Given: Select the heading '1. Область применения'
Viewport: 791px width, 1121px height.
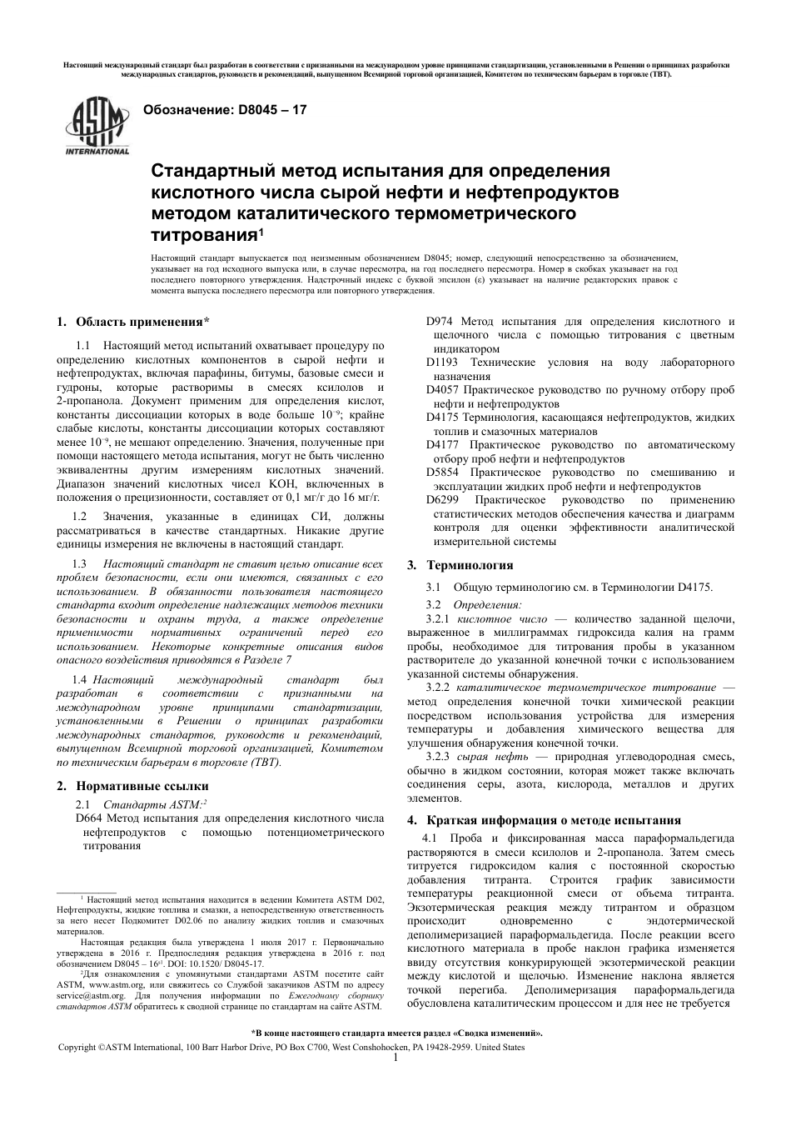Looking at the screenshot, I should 132,322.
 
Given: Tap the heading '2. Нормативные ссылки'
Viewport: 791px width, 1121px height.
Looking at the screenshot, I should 132,785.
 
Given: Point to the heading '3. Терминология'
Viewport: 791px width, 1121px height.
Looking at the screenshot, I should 460,565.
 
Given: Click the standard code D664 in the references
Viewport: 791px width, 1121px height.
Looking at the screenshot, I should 88,818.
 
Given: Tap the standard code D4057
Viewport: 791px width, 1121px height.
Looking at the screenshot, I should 443,389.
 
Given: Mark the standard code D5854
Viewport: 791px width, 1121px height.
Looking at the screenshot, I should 443,472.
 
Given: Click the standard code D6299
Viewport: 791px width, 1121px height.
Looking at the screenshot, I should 443,499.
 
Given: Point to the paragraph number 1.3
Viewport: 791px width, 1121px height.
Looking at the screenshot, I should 80,564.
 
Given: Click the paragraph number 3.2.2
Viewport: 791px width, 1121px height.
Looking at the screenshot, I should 438,687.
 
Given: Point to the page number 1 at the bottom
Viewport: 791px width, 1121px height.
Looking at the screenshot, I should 395,1058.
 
